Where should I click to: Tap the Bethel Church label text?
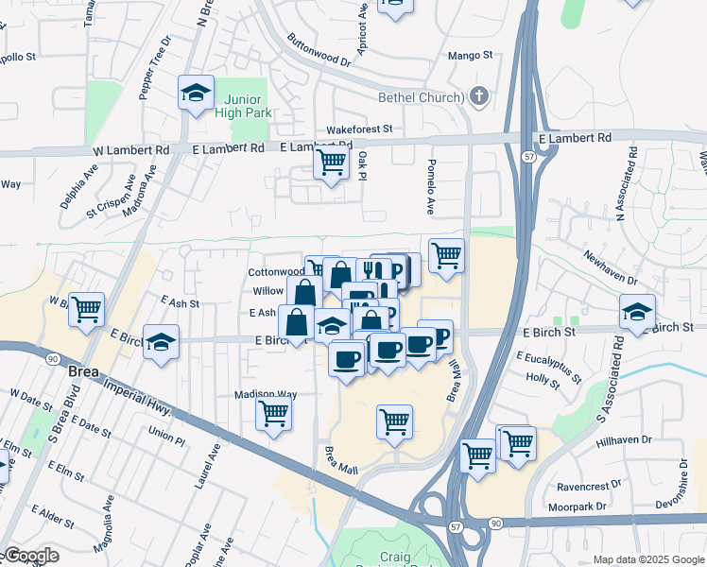tap(420, 97)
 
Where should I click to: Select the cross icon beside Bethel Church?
tap(480, 95)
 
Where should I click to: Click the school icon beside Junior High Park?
tap(196, 94)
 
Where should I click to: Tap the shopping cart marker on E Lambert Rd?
tap(331, 163)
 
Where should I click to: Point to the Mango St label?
tap(471, 56)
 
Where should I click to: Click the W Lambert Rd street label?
tap(130, 149)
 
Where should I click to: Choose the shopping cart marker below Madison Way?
tap(273, 412)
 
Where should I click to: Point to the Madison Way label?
tap(266, 394)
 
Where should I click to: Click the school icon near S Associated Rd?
tap(637, 312)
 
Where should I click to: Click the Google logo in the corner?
tap(31, 556)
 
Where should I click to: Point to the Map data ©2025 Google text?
tap(648, 559)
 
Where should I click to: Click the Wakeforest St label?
tap(358, 129)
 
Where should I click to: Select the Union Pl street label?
tap(166, 438)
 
